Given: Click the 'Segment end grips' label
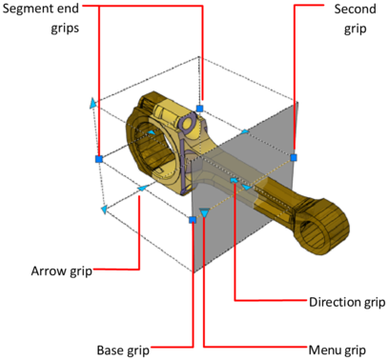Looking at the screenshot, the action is click(41, 18).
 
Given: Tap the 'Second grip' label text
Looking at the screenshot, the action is click(356, 19).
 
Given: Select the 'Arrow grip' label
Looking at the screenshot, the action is click(62, 271).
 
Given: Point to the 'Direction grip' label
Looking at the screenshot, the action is click(347, 302).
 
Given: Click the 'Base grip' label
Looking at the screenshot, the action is click(123, 350).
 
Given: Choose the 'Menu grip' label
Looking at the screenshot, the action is click(337, 350).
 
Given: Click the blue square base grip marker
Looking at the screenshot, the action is click(193, 220).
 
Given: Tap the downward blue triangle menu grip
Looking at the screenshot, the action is click(205, 212).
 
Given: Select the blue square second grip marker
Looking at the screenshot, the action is click(294, 157).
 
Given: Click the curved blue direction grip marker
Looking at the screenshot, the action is click(234, 180).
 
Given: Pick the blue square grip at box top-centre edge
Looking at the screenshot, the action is click(199, 109).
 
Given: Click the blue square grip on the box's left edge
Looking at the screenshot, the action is click(99, 159).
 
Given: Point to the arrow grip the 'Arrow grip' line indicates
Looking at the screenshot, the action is click(143, 188).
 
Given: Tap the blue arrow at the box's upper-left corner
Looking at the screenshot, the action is click(92, 104).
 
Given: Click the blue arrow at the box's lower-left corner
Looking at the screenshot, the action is click(104, 210).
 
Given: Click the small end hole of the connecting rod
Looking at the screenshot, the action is click(313, 230).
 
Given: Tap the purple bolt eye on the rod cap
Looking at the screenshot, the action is click(187, 124).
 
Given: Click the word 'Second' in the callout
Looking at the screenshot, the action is click(356, 10).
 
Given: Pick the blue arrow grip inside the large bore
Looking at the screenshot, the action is click(152, 132).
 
